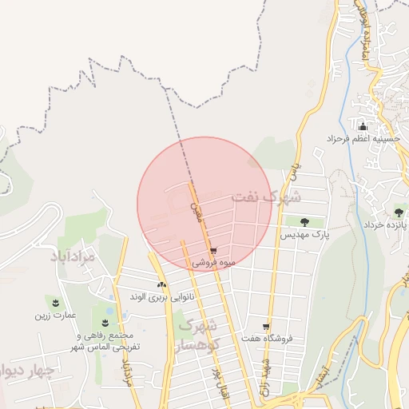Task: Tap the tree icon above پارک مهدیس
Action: [x=304, y=221]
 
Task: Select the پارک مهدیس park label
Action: [x=305, y=236]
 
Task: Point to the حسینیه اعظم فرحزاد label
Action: [x=362, y=138]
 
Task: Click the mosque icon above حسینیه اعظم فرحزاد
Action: [x=363, y=125]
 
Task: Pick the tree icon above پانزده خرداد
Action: [x=399, y=212]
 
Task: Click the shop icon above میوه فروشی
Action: [x=213, y=251]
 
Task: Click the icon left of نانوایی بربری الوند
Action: [x=161, y=284]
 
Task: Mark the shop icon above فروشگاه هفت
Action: [x=267, y=327]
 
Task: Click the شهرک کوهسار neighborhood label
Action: [x=199, y=335]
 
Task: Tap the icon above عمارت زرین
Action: [x=56, y=302]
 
